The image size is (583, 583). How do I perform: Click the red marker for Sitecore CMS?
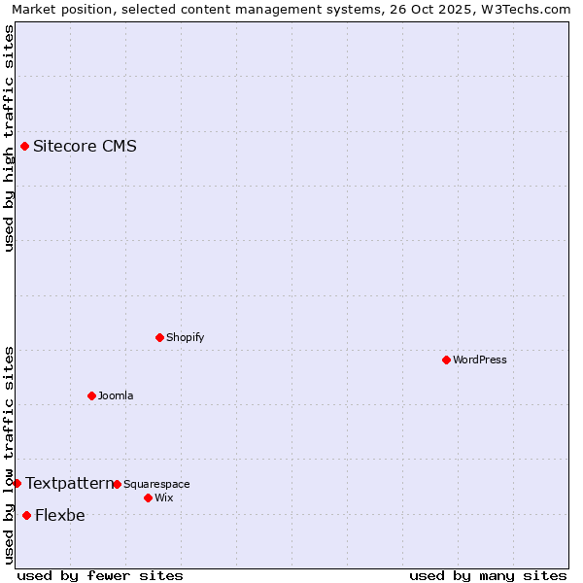(24, 147)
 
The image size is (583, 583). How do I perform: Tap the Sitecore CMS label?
(85, 147)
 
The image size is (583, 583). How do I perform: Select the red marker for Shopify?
(159, 337)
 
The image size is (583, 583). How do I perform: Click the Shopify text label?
(185, 337)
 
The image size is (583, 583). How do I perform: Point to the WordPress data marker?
(446, 360)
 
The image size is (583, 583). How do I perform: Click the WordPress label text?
(479, 360)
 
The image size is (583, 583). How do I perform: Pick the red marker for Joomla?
(91, 395)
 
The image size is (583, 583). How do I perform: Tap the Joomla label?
(116, 395)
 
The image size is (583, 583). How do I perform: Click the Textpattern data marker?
(17, 483)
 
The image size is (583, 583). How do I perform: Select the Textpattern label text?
(69, 483)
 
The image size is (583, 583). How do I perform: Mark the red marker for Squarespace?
(117, 484)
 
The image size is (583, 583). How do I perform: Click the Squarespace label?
(156, 484)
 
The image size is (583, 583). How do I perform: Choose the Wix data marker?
(148, 497)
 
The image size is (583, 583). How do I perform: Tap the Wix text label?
(164, 497)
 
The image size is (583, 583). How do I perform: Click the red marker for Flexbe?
(26, 515)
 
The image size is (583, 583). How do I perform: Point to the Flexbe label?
(59, 515)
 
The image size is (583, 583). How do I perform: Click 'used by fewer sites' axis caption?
(100, 575)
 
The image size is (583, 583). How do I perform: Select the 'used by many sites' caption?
(488, 575)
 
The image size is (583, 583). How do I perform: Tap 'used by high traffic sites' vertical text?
(9, 138)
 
